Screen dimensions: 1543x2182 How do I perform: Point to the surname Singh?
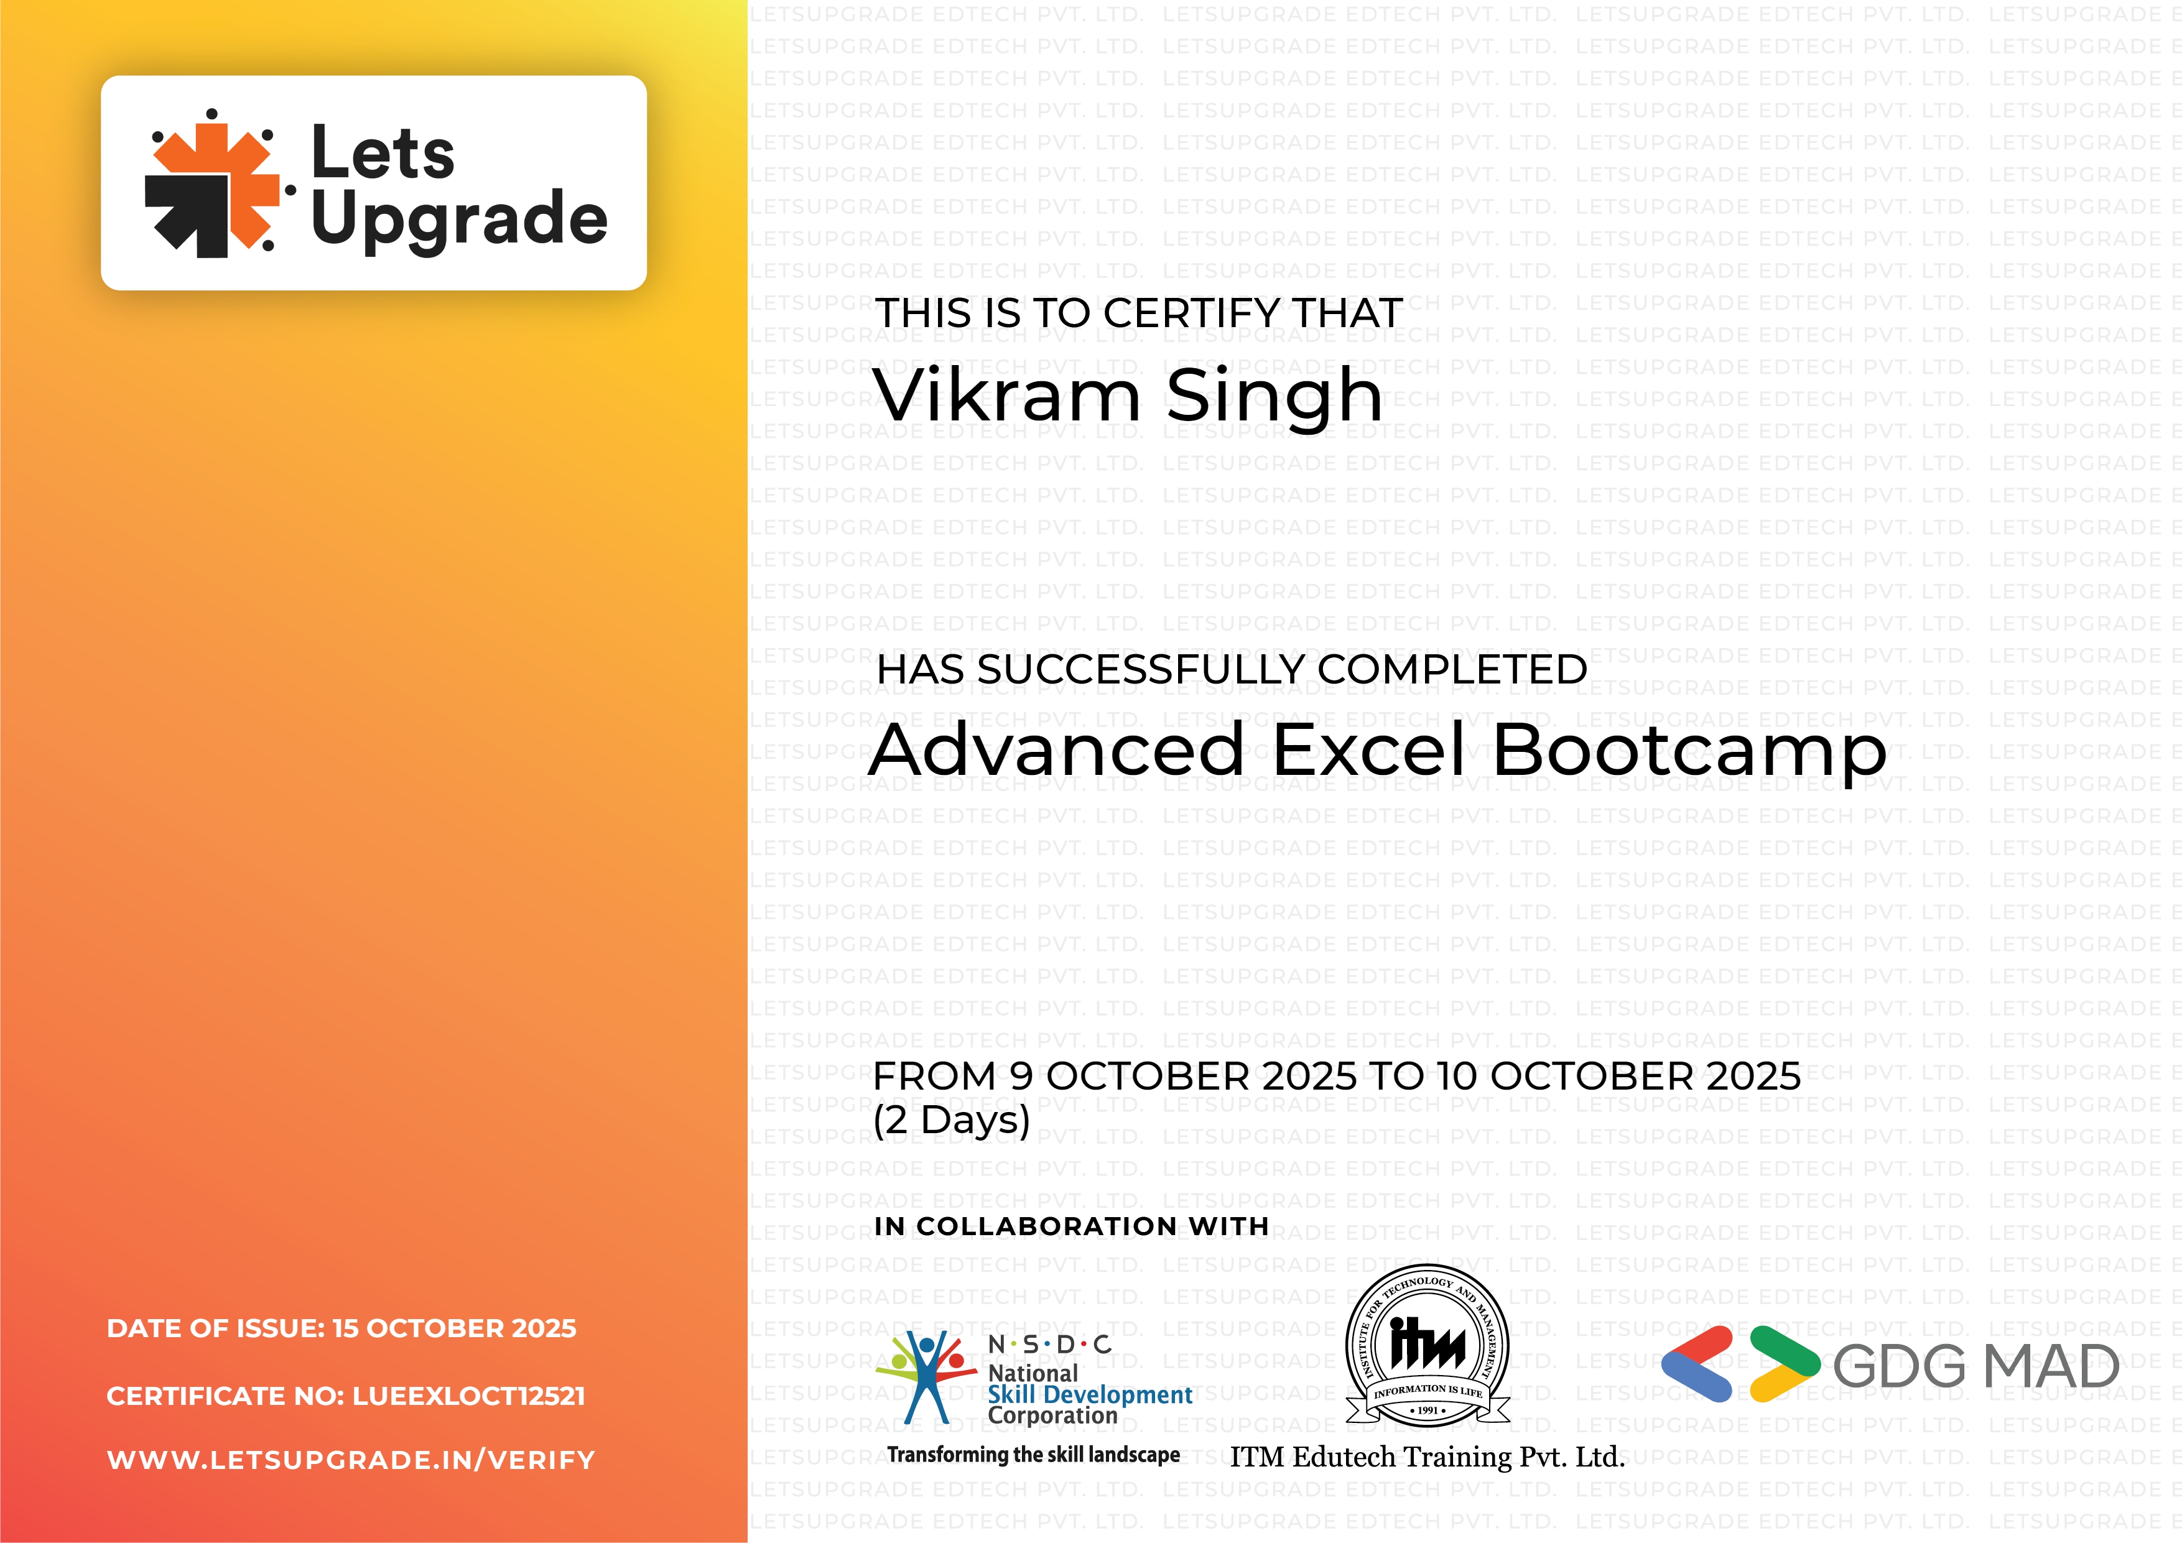1274,397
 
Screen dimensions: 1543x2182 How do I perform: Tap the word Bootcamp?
1689,751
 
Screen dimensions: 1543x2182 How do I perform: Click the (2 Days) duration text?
951,1119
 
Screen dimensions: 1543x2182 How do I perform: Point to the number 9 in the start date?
1021,1077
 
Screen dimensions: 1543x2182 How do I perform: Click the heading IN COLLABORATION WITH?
1071,1226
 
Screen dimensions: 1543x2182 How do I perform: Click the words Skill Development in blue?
1089,1395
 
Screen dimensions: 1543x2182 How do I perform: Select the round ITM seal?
1428,1345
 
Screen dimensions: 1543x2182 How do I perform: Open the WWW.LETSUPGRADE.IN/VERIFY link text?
351,1460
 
